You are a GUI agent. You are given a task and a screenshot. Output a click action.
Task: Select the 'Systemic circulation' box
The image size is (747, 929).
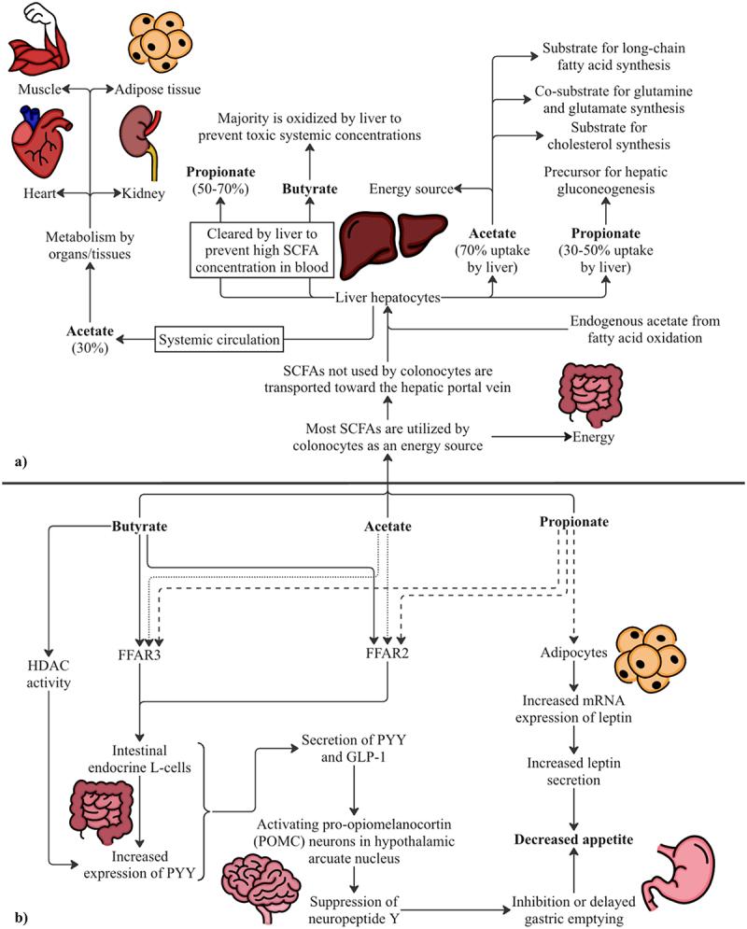point(219,340)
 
